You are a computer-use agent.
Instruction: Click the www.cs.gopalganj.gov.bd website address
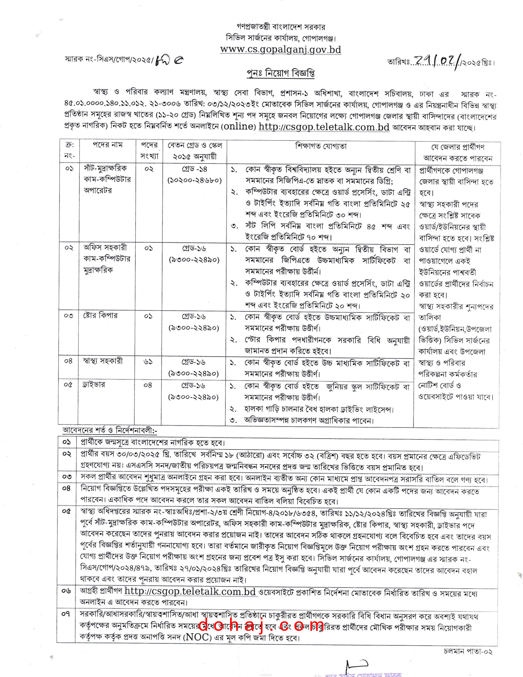(280, 50)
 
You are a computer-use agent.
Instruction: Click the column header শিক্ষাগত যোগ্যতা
(321, 146)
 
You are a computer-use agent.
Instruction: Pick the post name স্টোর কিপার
(100, 315)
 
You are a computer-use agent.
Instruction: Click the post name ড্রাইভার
(94, 385)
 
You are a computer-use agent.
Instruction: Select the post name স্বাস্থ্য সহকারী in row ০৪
(102, 361)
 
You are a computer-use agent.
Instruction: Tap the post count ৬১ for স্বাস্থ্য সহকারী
(148, 362)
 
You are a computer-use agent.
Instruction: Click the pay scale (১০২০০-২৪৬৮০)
(194, 180)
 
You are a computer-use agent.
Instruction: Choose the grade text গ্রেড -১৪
(194, 169)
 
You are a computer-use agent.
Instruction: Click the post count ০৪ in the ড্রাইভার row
(148, 385)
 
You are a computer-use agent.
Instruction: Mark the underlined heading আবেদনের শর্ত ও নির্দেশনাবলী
(110, 430)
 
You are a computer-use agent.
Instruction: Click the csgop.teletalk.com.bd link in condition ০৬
(190, 591)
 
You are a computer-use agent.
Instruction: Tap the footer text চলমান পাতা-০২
(468, 651)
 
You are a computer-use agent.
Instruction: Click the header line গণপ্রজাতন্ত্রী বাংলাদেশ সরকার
(280, 27)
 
